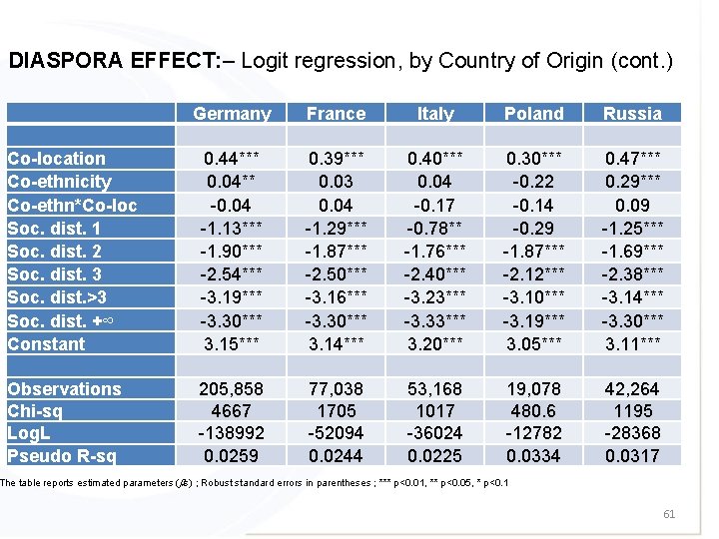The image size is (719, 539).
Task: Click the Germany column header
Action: pos(232,114)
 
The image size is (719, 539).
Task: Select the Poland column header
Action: pos(533,114)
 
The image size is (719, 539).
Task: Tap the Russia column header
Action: pos(632,114)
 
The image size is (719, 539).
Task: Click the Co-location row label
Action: pos(56,159)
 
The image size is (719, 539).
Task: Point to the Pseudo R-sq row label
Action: pos(62,456)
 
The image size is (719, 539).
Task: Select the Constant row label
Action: pos(47,344)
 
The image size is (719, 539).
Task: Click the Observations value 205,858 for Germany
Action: pos(232,389)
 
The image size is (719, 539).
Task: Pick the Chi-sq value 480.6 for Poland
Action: pos(533,411)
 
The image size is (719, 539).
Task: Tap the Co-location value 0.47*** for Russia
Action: pos(632,159)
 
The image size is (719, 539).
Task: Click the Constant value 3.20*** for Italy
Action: pos(434,344)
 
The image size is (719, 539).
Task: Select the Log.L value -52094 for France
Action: pos(336,434)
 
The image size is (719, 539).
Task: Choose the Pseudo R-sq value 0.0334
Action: pos(533,456)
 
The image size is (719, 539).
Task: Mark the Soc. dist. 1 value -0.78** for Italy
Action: pos(434,229)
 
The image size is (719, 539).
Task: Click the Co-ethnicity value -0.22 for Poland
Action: pos(533,182)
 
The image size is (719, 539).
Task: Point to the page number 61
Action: pos(668,514)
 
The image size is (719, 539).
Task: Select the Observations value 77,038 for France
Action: pos(336,389)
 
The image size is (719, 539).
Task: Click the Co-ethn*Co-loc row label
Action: pos(72,206)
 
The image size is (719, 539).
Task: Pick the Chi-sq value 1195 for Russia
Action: pos(632,411)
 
